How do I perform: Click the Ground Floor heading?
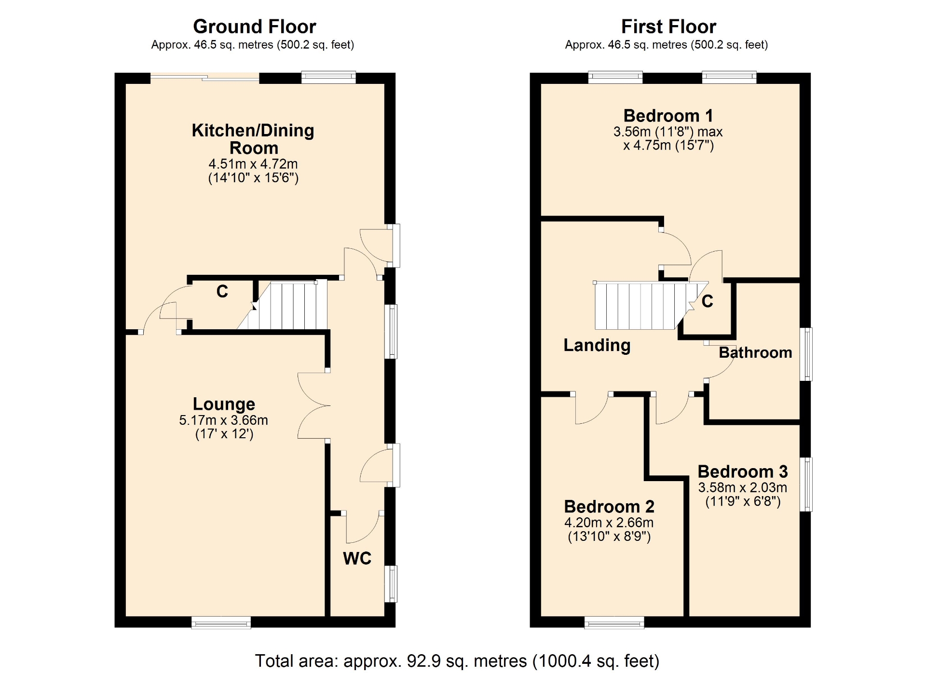coord(254,27)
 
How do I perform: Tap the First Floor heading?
coord(668,27)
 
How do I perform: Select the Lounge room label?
coord(224,404)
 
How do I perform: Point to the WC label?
coord(357,558)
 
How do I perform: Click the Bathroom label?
coord(755,352)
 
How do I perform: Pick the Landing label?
coord(597,345)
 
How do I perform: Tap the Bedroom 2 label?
coord(609,507)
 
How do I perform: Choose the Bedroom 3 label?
coord(743,471)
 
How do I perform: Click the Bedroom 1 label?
coord(668,116)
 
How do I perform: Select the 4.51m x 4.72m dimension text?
coord(253,164)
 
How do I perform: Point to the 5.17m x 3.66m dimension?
coord(224,420)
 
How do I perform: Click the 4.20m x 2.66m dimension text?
coord(609,523)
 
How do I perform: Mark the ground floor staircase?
coord(285,306)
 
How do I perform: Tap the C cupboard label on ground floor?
coord(222,291)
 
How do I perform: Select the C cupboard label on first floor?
coord(707,301)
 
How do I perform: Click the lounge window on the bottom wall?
coord(221,622)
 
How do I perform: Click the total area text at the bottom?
coord(457,660)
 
